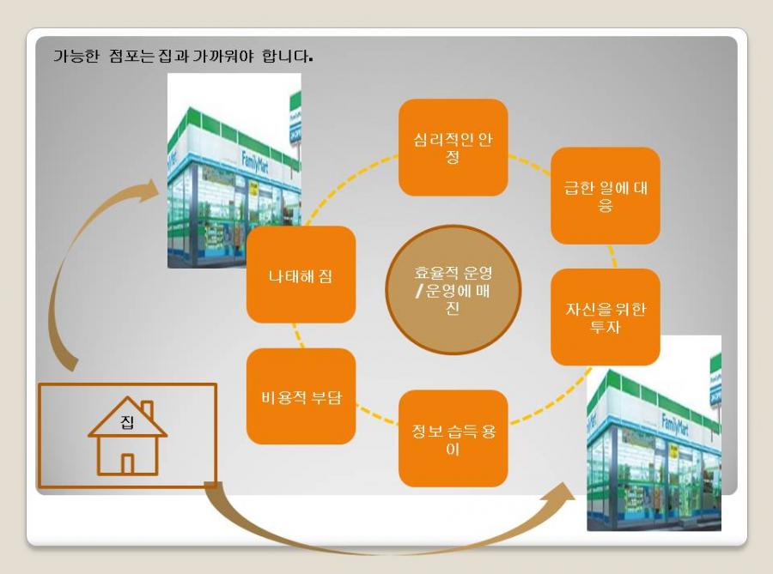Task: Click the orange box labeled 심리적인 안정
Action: (453, 148)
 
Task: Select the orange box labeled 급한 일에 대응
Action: (606, 196)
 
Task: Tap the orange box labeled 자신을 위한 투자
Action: (606, 317)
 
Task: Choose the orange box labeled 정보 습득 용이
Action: (453, 438)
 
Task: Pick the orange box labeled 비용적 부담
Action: (301, 396)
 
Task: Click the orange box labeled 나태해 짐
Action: (301, 275)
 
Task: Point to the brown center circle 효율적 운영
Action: (453, 290)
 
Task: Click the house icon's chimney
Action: (147, 409)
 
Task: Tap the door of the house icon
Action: (128, 463)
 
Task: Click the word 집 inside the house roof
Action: (127, 422)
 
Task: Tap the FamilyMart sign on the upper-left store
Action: (254, 162)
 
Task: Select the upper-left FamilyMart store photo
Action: (234, 171)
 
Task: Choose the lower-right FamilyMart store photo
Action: (654, 433)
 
